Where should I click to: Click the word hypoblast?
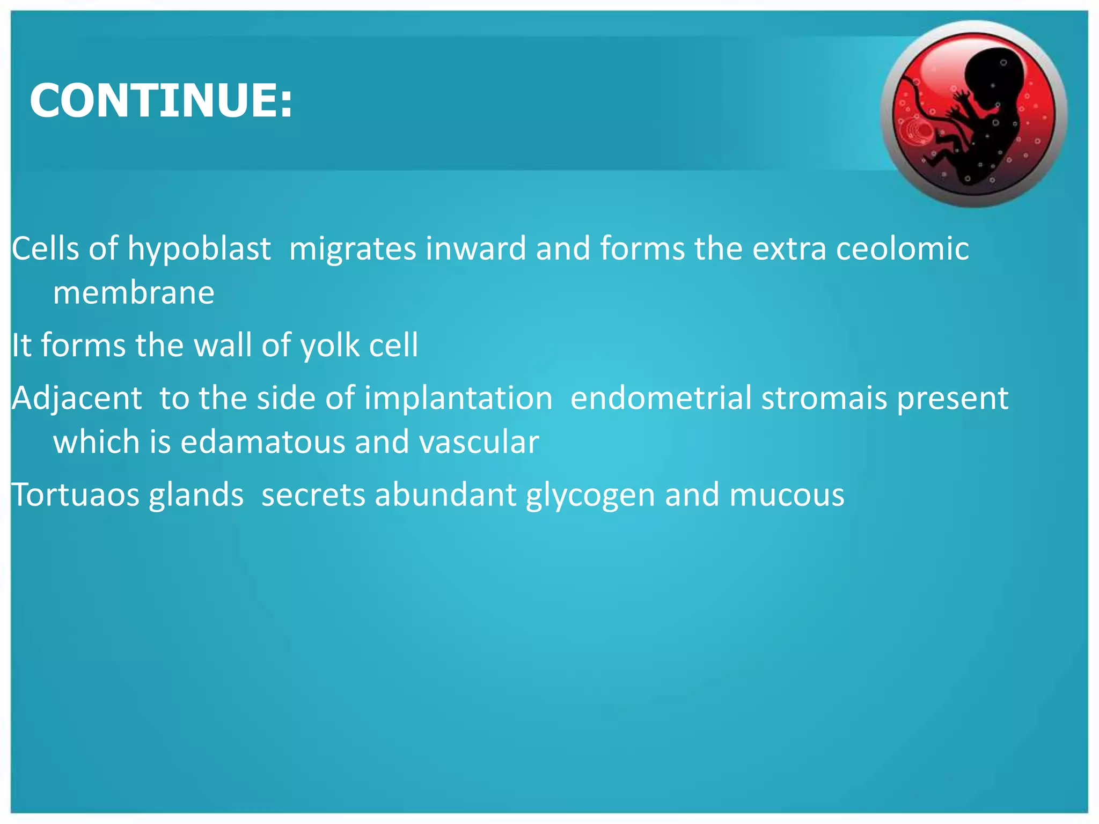(x=199, y=249)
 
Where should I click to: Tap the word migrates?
(x=353, y=249)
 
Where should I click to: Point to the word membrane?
(x=134, y=293)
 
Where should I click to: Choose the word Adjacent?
(x=77, y=399)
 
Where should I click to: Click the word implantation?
(x=458, y=399)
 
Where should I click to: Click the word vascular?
(x=479, y=442)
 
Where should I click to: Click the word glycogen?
(x=590, y=495)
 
